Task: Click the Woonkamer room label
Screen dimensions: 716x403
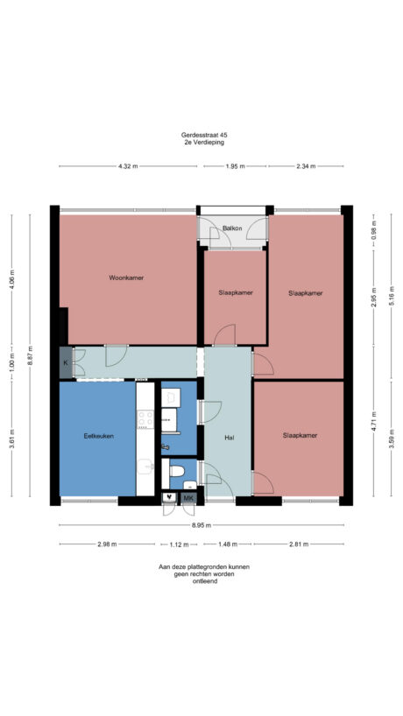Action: click(126, 277)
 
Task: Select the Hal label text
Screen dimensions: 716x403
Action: click(230, 438)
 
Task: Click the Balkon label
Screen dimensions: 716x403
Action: click(232, 228)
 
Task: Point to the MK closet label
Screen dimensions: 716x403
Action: click(188, 499)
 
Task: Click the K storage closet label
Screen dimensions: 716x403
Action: click(65, 362)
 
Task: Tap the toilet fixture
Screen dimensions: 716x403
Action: click(176, 474)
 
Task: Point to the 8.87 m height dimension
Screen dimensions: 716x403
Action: click(32, 356)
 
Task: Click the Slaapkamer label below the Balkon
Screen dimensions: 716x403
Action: click(236, 292)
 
